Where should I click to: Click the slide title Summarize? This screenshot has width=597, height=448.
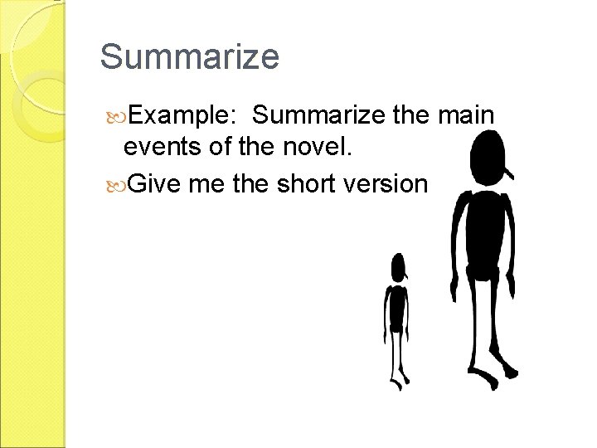pyautogui.click(x=190, y=57)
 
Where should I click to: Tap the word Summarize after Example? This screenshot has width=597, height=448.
pyautogui.click(x=319, y=116)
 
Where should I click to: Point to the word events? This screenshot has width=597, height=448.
pyautogui.click(x=162, y=149)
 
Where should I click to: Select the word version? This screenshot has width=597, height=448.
pyautogui.click(x=391, y=182)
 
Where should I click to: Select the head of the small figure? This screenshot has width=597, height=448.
pyautogui.click(x=399, y=266)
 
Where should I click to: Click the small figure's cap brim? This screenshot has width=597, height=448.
pyautogui.click(x=407, y=276)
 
